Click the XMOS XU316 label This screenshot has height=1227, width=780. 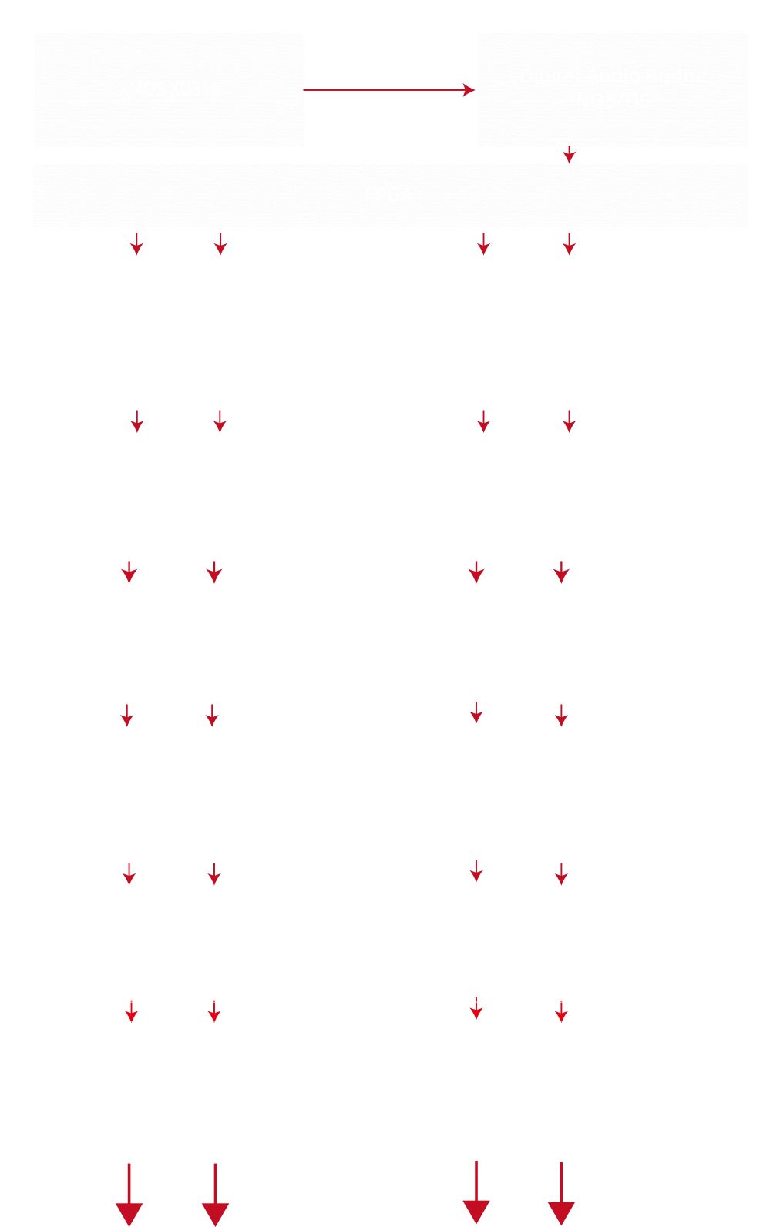[x=170, y=89]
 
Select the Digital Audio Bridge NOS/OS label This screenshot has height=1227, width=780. [x=613, y=88]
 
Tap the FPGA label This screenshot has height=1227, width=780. [x=389, y=196]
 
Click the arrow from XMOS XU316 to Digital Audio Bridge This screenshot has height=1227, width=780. [x=389, y=90]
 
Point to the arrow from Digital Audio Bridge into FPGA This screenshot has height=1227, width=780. [x=569, y=154]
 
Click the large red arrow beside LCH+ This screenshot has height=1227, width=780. [x=129, y=1198]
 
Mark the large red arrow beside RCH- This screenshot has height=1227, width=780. [x=561, y=1198]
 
